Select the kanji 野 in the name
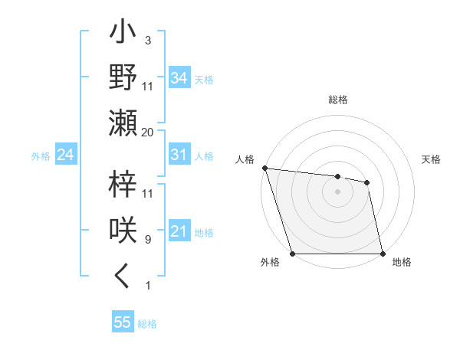pos(123,77)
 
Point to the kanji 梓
pos(123,185)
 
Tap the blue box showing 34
pos(179,77)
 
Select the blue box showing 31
pos(179,155)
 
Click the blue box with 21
pos(179,231)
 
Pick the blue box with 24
pos(65,155)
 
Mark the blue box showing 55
pos(122,322)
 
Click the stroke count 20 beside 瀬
pos(147,132)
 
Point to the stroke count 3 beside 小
pos(147,40)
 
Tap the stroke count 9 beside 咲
pos(147,240)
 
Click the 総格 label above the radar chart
pos(337,100)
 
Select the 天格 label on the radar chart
pos(432,159)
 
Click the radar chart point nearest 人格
pos(264,168)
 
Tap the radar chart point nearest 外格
pos(292,254)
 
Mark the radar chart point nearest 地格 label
pos(382,254)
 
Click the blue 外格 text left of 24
pos(40,156)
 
